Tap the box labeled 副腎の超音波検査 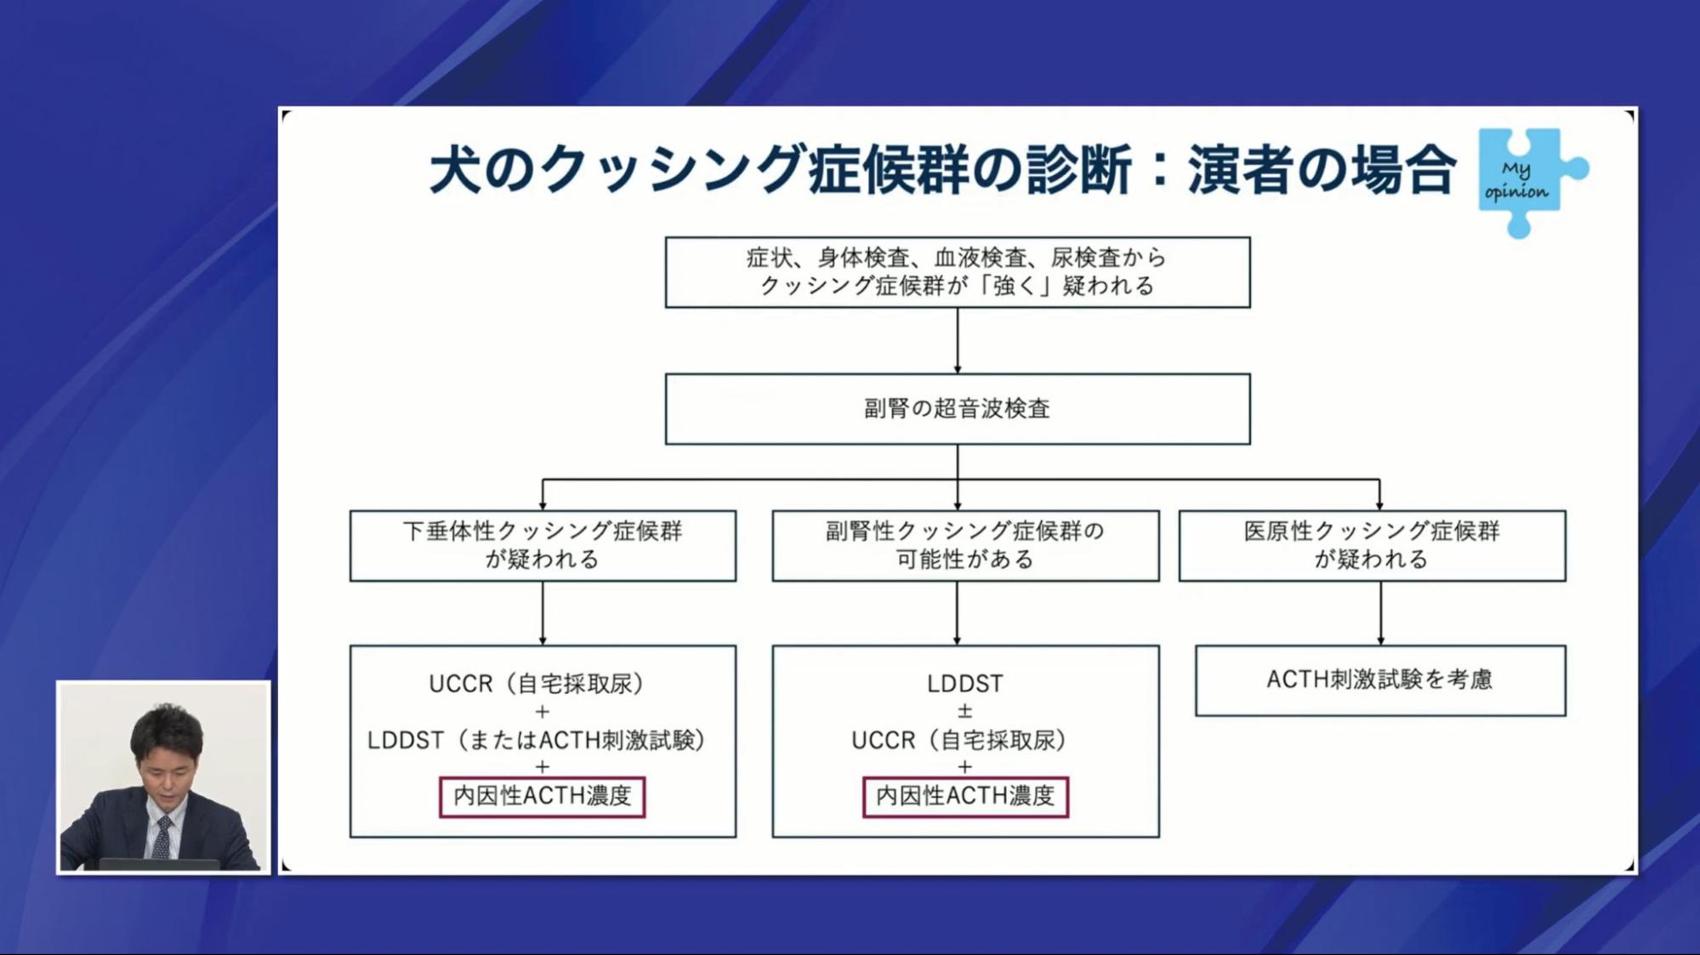[957, 409]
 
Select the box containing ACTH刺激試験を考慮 [1379, 679]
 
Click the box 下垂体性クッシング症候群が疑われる [543, 545]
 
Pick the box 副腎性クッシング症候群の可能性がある [964, 545]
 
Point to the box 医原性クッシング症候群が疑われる [1371, 545]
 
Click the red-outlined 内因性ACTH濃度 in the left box [542, 796]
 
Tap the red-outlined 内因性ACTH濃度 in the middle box [964, 796]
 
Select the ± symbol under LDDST [964, 711]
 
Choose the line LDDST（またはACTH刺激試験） [537, 740]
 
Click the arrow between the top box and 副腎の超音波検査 [958, 340]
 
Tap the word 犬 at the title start [456, 169]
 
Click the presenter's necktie [162, 837]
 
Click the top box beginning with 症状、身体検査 [957, 272]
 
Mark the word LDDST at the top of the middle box [964, 684]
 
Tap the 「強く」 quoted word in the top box [1014, 286]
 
